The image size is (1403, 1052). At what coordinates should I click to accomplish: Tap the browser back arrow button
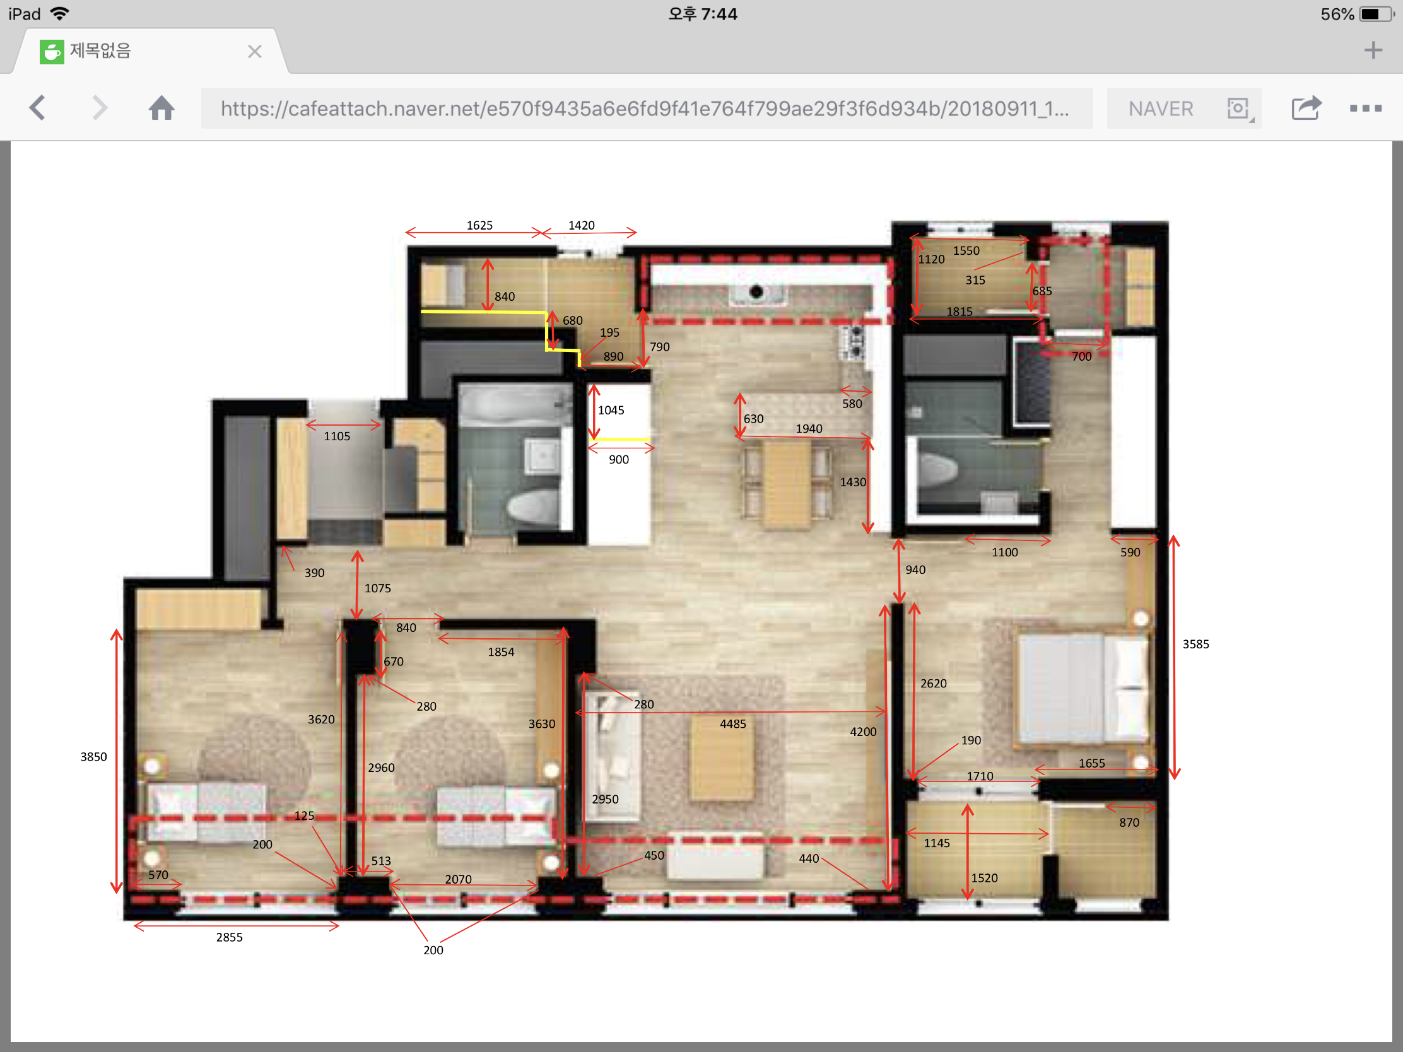tap(37, 108)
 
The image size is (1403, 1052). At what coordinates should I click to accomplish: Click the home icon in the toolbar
tap(161, 108)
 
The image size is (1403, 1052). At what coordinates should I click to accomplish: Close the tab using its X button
tap(255, 51)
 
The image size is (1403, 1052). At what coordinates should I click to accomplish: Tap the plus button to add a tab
tap(1373, 50)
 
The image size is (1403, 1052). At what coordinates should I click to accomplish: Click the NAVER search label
tap(1161, 109)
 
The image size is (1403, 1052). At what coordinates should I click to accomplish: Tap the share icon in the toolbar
tap(1306, 108)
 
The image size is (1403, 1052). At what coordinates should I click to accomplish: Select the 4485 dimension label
tap(732, 723)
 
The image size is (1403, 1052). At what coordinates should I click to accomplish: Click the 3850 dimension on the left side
tap(93, 756)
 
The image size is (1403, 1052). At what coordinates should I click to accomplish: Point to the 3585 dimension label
tap(1195, 645)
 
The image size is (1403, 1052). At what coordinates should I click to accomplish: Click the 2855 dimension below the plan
tap(229, 937)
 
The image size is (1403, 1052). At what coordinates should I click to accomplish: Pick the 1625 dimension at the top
tap(479, 225)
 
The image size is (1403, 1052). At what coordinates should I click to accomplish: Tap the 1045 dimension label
tap(611, 411)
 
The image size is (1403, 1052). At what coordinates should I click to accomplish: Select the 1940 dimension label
tap(809, 429)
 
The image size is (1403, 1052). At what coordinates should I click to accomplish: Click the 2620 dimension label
tap(933, 684)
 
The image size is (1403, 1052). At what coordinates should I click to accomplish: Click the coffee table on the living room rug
tap(722, 757)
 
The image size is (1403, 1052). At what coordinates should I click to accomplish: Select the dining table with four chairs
tap(787, 483)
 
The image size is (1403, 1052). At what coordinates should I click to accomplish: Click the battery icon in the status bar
tap(1376, 14)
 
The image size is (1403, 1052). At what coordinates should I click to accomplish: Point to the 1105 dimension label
tap(337, 436)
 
